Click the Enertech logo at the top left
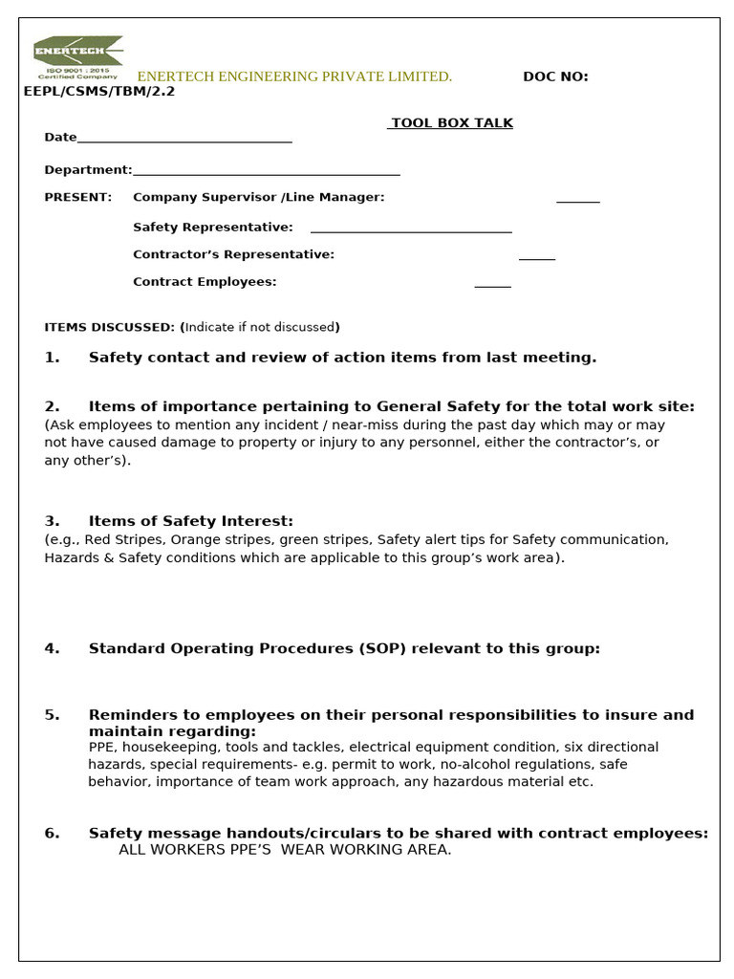coord(77,56)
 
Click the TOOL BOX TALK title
coord(451,123)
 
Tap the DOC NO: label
coord(555,76)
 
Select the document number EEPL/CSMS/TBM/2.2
coord(99,92)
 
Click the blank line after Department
coord(266,173)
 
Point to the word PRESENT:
coord(78,197)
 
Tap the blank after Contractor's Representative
coord(536,257)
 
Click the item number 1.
coord(52,358)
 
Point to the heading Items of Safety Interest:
coord(190,521)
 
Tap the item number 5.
coord(52,715)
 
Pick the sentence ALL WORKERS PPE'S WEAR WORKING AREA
coord(285,850)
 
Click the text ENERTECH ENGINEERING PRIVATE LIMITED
coord(294,76)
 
